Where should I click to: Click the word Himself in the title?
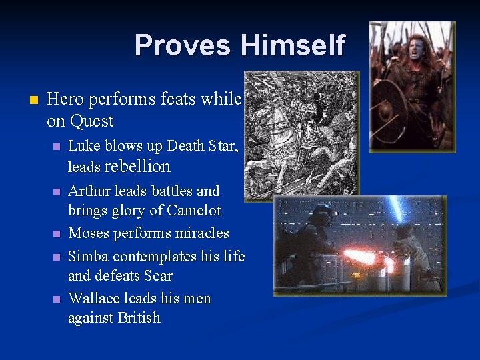293,46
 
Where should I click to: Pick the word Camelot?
190,211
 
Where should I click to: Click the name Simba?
89,256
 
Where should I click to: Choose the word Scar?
157,276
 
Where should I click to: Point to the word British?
139,318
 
